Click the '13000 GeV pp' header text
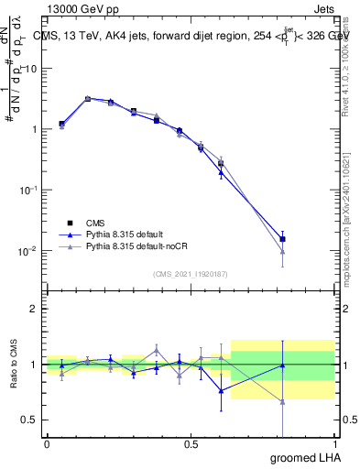point(80,8)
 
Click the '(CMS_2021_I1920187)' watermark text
point(190,273)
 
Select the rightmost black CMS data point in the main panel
point(283,239)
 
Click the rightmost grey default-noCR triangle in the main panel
point(283,252)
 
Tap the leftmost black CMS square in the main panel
point(61,123)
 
